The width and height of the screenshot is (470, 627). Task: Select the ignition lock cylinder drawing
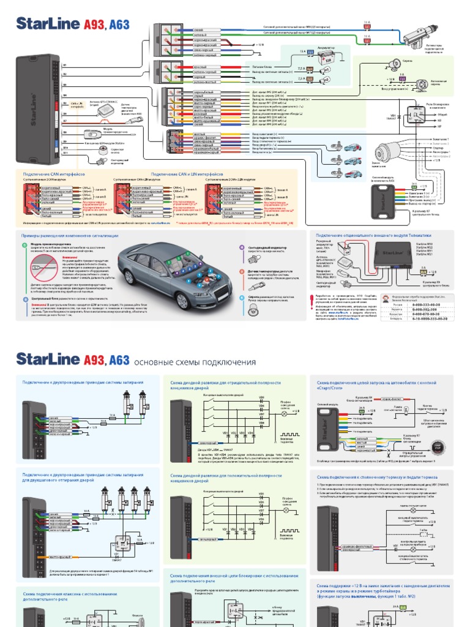click(387, 151)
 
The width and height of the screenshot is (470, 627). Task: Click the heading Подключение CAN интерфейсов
click(48, 174)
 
